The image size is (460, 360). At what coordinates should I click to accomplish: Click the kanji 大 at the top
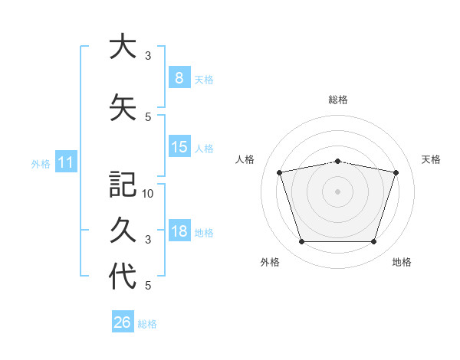pos(123,46)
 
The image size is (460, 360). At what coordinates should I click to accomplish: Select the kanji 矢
pos(123,107)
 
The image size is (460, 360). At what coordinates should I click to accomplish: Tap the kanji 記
pos(123,184)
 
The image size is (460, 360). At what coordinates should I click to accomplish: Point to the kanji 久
pos(123,230)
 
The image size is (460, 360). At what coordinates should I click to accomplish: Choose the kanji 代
pos(123,276)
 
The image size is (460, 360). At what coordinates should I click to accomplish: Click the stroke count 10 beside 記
pos(147,194)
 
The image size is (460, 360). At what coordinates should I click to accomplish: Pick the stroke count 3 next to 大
pos(148,56)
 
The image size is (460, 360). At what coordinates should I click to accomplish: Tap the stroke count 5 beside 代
pos(148,286)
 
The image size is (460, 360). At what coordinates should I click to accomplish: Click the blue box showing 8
pos(179,77)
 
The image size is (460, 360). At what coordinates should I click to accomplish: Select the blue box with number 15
pos(179,146)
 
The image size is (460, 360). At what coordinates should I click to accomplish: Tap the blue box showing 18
pos(179,230)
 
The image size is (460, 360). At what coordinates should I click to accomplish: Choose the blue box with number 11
pos(66,162)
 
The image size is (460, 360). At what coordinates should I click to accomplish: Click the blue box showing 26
pos(123,321)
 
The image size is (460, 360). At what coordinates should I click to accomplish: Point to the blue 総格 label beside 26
pos(147,324)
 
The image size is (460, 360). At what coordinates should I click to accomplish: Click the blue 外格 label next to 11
pos(41,164)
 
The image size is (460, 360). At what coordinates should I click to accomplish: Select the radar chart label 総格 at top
pos(338,100)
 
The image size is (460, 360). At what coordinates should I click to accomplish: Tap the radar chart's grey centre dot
pos(337,191)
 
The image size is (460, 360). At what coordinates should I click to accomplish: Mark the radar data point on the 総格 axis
pos(337,162)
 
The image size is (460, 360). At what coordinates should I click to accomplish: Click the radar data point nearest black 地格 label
pos(373,241)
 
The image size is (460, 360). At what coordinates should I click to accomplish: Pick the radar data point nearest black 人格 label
pos(279,172)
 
